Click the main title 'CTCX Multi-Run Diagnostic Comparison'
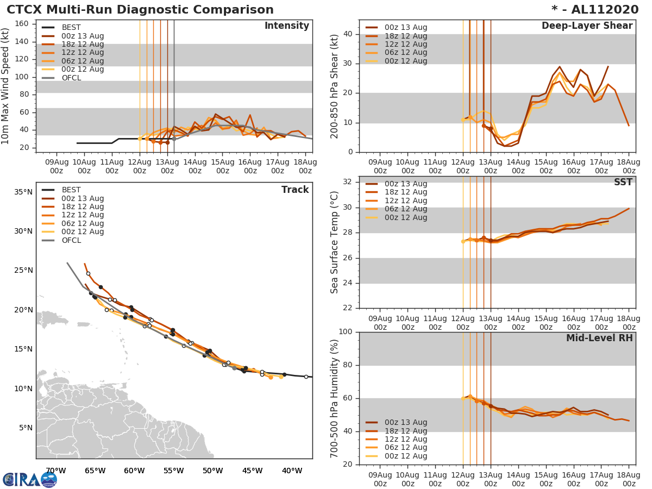(x=140, y=10)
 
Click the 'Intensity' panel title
(x=286, y=26)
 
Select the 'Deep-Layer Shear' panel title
(x=587, y=26)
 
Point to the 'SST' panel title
(x=623, y=182)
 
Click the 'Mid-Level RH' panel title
(x=599, y=338)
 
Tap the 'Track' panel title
(x=295, y=190)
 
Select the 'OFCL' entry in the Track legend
(x=71, y=240)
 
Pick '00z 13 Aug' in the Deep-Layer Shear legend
(x=405, y=28)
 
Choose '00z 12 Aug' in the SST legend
(x=405, y=217)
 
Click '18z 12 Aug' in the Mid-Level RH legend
(x=405, y=431)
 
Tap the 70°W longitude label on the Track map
(x=55, y=471)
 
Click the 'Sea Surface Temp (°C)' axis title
(x=335, y=242)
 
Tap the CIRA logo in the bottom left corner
(x=29, y=480)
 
